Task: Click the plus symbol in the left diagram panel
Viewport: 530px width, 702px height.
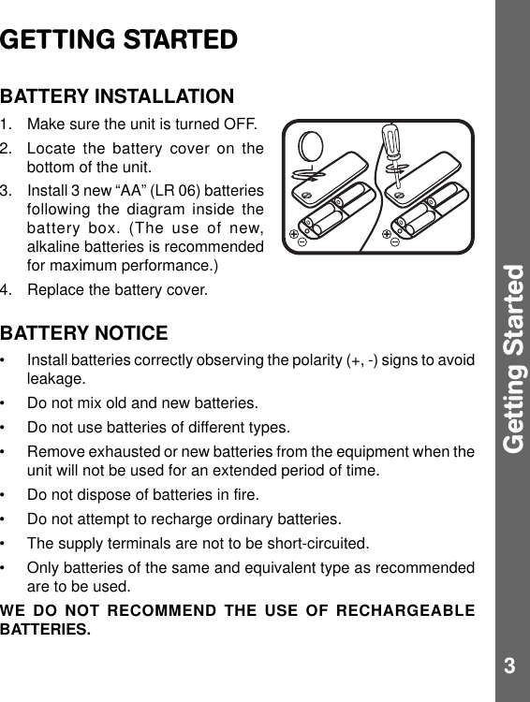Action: (294, 232)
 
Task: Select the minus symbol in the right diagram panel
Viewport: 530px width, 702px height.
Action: (394, 241)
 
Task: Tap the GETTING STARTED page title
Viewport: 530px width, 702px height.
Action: (119, 41)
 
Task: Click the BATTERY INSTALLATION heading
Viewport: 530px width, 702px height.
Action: (117, 96)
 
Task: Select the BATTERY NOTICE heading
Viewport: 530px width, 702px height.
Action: (84, 333)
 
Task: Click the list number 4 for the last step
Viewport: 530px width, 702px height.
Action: (7, 290)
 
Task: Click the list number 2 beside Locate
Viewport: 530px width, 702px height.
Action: (7, 150)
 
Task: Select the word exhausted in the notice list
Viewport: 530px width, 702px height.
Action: (118, 452)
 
